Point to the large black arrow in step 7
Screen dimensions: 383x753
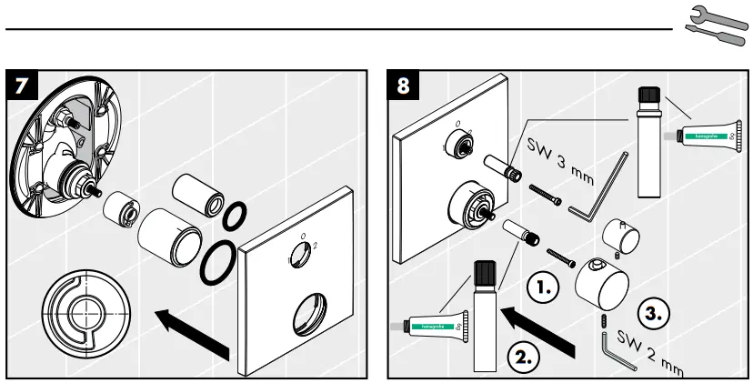click(191, 330)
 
